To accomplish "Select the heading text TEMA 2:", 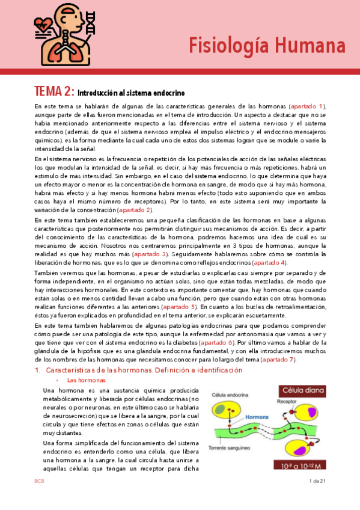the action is [x=54, y=92].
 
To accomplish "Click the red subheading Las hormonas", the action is [x=84, y=380].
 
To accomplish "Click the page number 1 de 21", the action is [x=316, y=481].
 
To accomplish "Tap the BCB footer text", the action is [x=38, y=481].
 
